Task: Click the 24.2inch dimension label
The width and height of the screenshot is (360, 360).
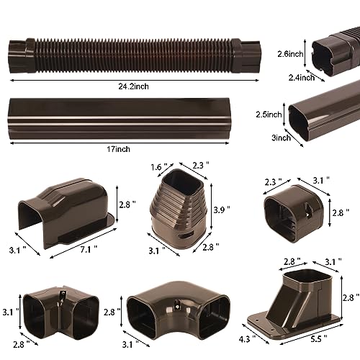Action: tap(133, 86)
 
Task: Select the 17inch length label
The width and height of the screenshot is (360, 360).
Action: tap(118, 149)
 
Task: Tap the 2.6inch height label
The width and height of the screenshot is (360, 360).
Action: tap(290, 54)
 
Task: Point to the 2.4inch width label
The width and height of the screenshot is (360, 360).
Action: tap(302, 78)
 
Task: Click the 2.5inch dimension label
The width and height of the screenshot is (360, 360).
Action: tap(269, 114)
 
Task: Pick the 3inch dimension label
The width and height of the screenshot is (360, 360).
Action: tap(281, 138)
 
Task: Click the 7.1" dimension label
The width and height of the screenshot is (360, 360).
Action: tap(89, 250)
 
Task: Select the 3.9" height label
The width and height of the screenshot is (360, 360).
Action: tap(222, 210)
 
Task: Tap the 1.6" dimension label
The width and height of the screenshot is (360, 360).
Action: tap(159, 167)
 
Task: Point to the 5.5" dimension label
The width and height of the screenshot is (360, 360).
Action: tap(319, 339)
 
